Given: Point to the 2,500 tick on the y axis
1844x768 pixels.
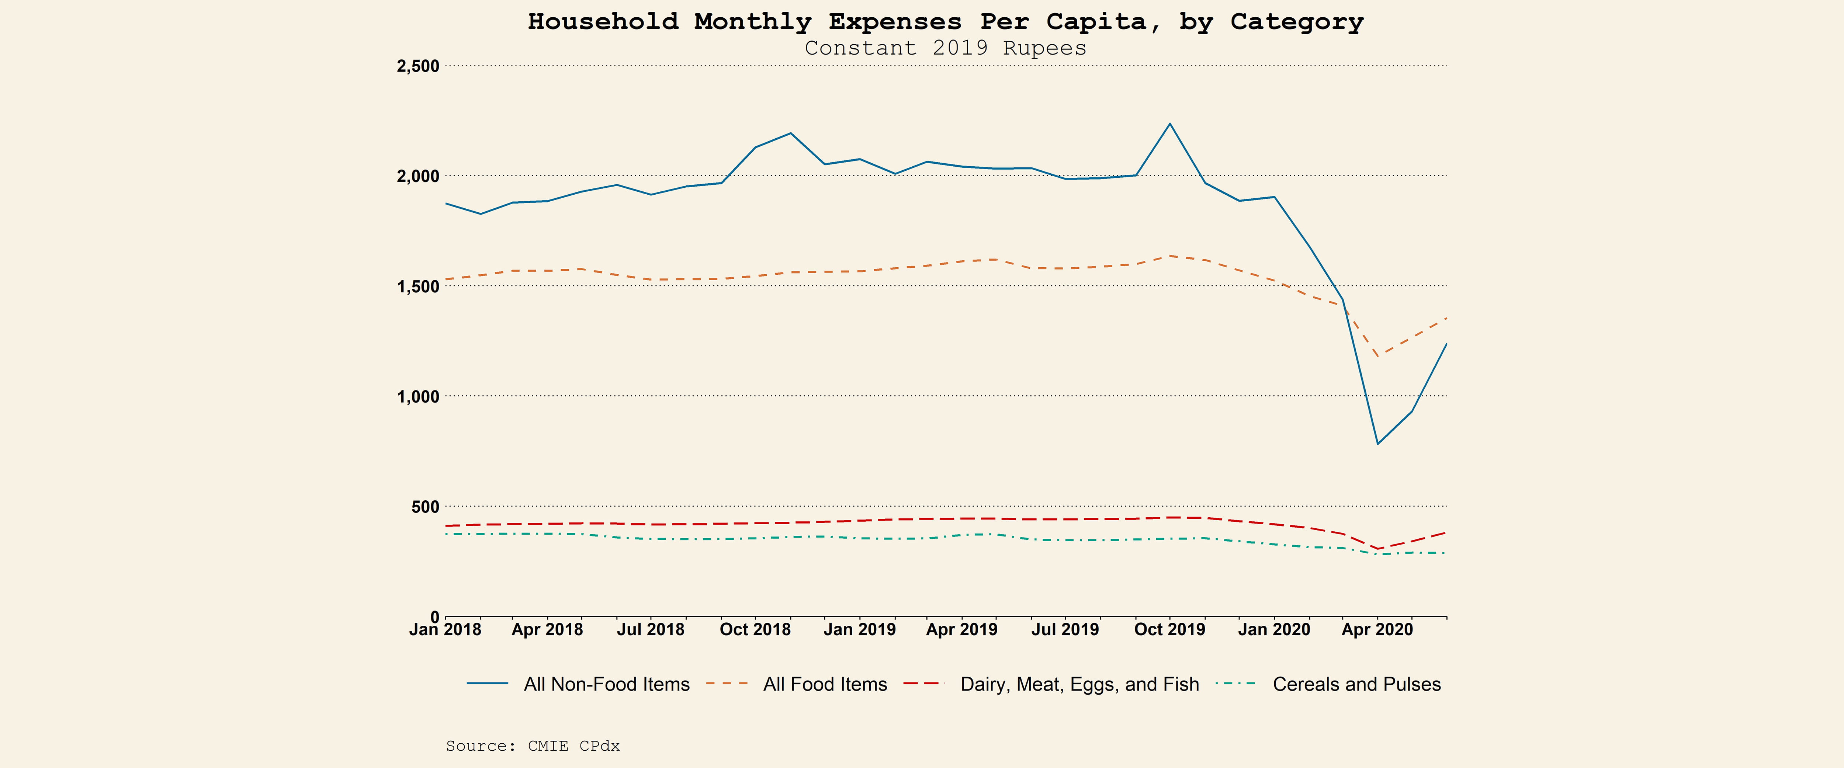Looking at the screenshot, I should [418, 66].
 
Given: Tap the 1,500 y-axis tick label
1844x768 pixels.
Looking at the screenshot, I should [418, 286].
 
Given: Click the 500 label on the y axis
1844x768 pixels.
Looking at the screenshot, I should [425, 507].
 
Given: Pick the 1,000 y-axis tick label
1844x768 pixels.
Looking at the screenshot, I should [418, 396].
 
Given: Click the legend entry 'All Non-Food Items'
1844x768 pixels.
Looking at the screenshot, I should [606, 684].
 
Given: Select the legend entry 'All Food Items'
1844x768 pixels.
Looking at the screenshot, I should [825, 684].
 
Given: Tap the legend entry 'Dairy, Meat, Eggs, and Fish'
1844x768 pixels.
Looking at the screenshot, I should [1079, 684].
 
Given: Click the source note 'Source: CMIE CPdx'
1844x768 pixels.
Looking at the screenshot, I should [533, 746].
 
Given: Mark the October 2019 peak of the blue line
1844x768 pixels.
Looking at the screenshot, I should [1170, 124].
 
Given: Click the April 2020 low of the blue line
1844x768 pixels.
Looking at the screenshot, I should [1377, 444].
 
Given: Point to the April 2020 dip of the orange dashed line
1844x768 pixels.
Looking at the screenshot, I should [1377, 355].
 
